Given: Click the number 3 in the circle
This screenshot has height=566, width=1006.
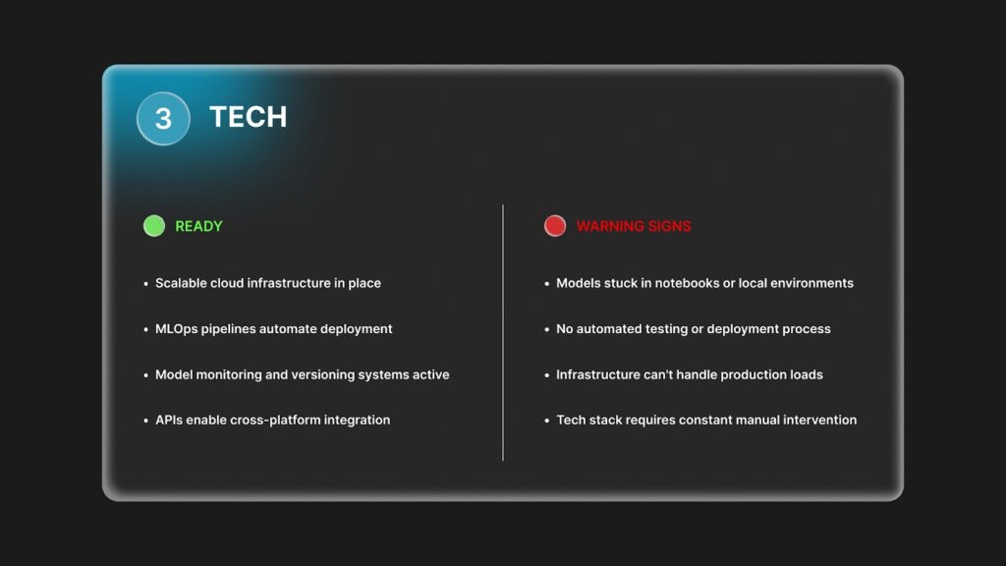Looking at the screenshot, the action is (164, 119).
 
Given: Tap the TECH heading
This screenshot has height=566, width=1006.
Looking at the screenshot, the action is (249, 117).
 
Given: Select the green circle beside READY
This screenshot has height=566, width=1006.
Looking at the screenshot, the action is (154, 226).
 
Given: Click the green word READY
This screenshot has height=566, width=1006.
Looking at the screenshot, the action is (198, 226).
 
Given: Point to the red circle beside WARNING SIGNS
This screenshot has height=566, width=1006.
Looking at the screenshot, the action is (555, 226).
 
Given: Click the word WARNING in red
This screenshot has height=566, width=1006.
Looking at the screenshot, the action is (610, 226).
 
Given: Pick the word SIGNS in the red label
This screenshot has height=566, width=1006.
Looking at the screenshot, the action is (670, 226).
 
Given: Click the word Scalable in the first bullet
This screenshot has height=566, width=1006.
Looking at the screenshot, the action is (181, 283).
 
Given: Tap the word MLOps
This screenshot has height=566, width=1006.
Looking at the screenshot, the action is (177, 328).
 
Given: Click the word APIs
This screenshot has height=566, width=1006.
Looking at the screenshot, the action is (169, 420).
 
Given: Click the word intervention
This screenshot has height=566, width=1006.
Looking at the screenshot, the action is (820, 420).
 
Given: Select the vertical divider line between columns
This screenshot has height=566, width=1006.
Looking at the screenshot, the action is (503, 332).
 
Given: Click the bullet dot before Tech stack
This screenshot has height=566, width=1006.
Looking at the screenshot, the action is (546, 421).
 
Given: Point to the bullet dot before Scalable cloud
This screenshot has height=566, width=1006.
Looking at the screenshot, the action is (145, 284).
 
